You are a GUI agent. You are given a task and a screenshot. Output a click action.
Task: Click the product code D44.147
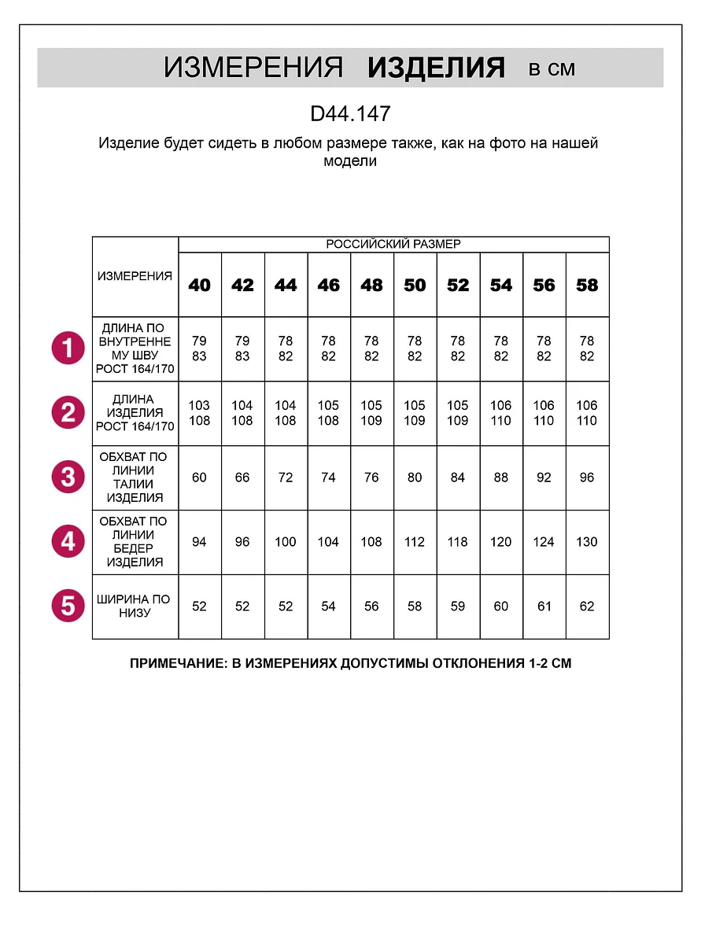coord(351,114)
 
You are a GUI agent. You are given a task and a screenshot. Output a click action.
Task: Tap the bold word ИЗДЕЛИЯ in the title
coord(436,68)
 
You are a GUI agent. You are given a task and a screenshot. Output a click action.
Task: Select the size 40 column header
coord(200,286)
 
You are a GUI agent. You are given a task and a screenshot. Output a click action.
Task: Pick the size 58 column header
coord(587,286)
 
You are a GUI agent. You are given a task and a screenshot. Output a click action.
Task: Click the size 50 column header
coord(415,286)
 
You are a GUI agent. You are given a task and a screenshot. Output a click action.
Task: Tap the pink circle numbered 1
coord(68,348)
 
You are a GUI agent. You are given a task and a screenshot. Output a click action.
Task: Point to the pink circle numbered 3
coord(68,477)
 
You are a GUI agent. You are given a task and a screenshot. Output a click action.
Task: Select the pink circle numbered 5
coord(68,606)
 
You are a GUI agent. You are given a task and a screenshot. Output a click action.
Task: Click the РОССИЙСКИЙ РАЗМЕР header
coord(393,245)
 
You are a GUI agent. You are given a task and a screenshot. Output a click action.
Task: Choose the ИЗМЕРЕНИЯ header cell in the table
coord(135,276)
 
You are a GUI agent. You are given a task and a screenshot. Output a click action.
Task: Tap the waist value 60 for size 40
coord(200,478)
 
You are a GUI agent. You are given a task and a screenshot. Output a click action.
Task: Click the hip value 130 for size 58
coord(587,542)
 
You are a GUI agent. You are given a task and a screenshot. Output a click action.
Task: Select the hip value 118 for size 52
coord(458,542)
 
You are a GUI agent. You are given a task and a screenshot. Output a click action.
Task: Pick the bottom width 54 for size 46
coord(328,607)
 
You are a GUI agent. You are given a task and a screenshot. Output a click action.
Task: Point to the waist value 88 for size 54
coord(501,478)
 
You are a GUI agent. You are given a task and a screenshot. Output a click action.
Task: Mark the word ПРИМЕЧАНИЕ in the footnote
coord(176,663)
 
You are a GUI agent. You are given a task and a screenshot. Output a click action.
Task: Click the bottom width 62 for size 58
coord(587,607)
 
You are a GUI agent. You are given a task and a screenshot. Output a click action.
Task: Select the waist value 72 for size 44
coord(286,478)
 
